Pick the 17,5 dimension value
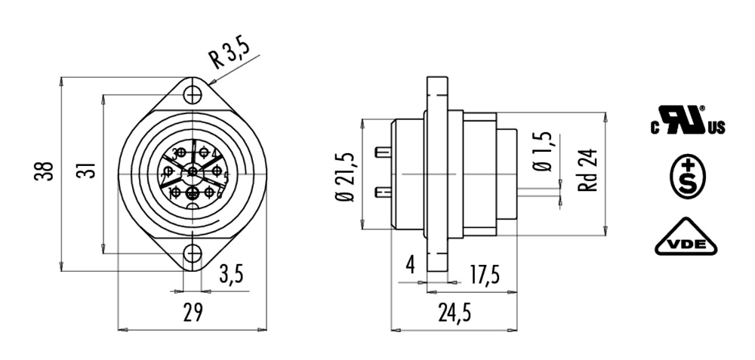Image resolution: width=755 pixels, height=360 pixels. [483, 275]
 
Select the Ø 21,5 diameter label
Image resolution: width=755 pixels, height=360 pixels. [347, 174]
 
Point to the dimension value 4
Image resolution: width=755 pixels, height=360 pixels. [410, 265]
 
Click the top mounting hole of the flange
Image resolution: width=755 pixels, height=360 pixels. [193, 95]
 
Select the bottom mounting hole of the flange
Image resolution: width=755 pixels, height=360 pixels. [193, 254]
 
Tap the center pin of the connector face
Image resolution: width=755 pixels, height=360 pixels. [193, 173]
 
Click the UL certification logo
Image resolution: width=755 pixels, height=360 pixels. [688, 121]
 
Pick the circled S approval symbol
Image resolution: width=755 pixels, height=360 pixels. [687, 178]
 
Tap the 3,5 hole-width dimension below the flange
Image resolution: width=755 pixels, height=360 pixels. [231, 275]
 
